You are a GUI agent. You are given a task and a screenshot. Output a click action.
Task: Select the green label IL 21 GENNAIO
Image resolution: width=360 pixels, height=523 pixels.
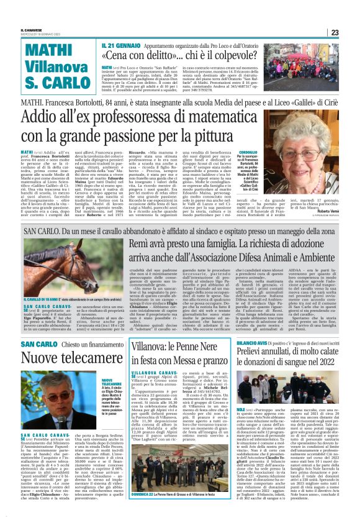pos(116,46)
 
